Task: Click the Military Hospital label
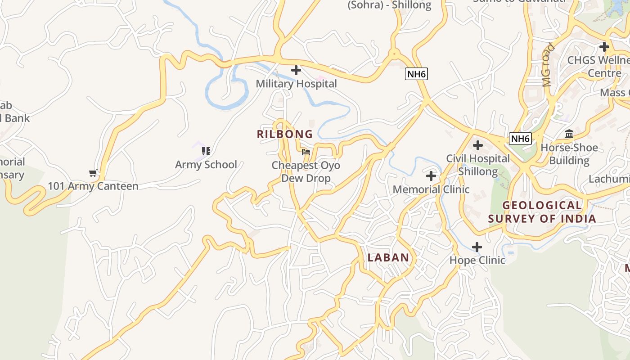point(296,84)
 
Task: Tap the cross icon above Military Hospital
point(296,70)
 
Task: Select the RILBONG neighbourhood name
point(285,134)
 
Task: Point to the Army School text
point(206,165)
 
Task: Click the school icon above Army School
point(206,151)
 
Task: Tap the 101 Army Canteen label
point(93,186)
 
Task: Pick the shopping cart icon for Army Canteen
point(93,173)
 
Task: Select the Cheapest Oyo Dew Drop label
point(306,171)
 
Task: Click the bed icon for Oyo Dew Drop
point(306,152)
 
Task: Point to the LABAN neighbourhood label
point(388,258)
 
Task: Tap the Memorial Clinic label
point(431,189)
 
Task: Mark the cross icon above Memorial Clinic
point(431,175)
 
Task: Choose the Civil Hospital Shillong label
point(478,165)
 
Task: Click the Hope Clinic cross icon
point(477,247)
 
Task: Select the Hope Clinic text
point(477,260)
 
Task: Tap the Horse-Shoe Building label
point(569,154)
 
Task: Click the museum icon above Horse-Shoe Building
point(569,134)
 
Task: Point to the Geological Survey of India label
point(542,212)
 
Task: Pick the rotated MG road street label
point(548,64)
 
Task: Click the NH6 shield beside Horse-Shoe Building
point(520,139)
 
